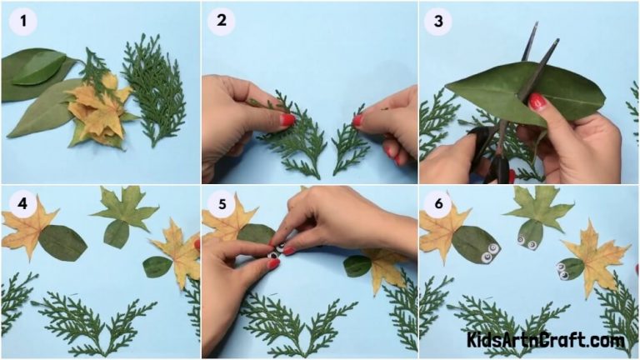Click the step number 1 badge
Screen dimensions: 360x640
pyautogui.click(x=22, y=22)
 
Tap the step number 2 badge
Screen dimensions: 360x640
pyautogui.click(x=222, y=22)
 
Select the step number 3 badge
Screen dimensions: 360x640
pyautogui.click(x=438, y=22)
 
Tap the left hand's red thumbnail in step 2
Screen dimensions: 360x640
pyautogui.click(x=287, y=120)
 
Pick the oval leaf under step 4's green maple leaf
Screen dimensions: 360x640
pyautogui.click(x=117, y=234)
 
